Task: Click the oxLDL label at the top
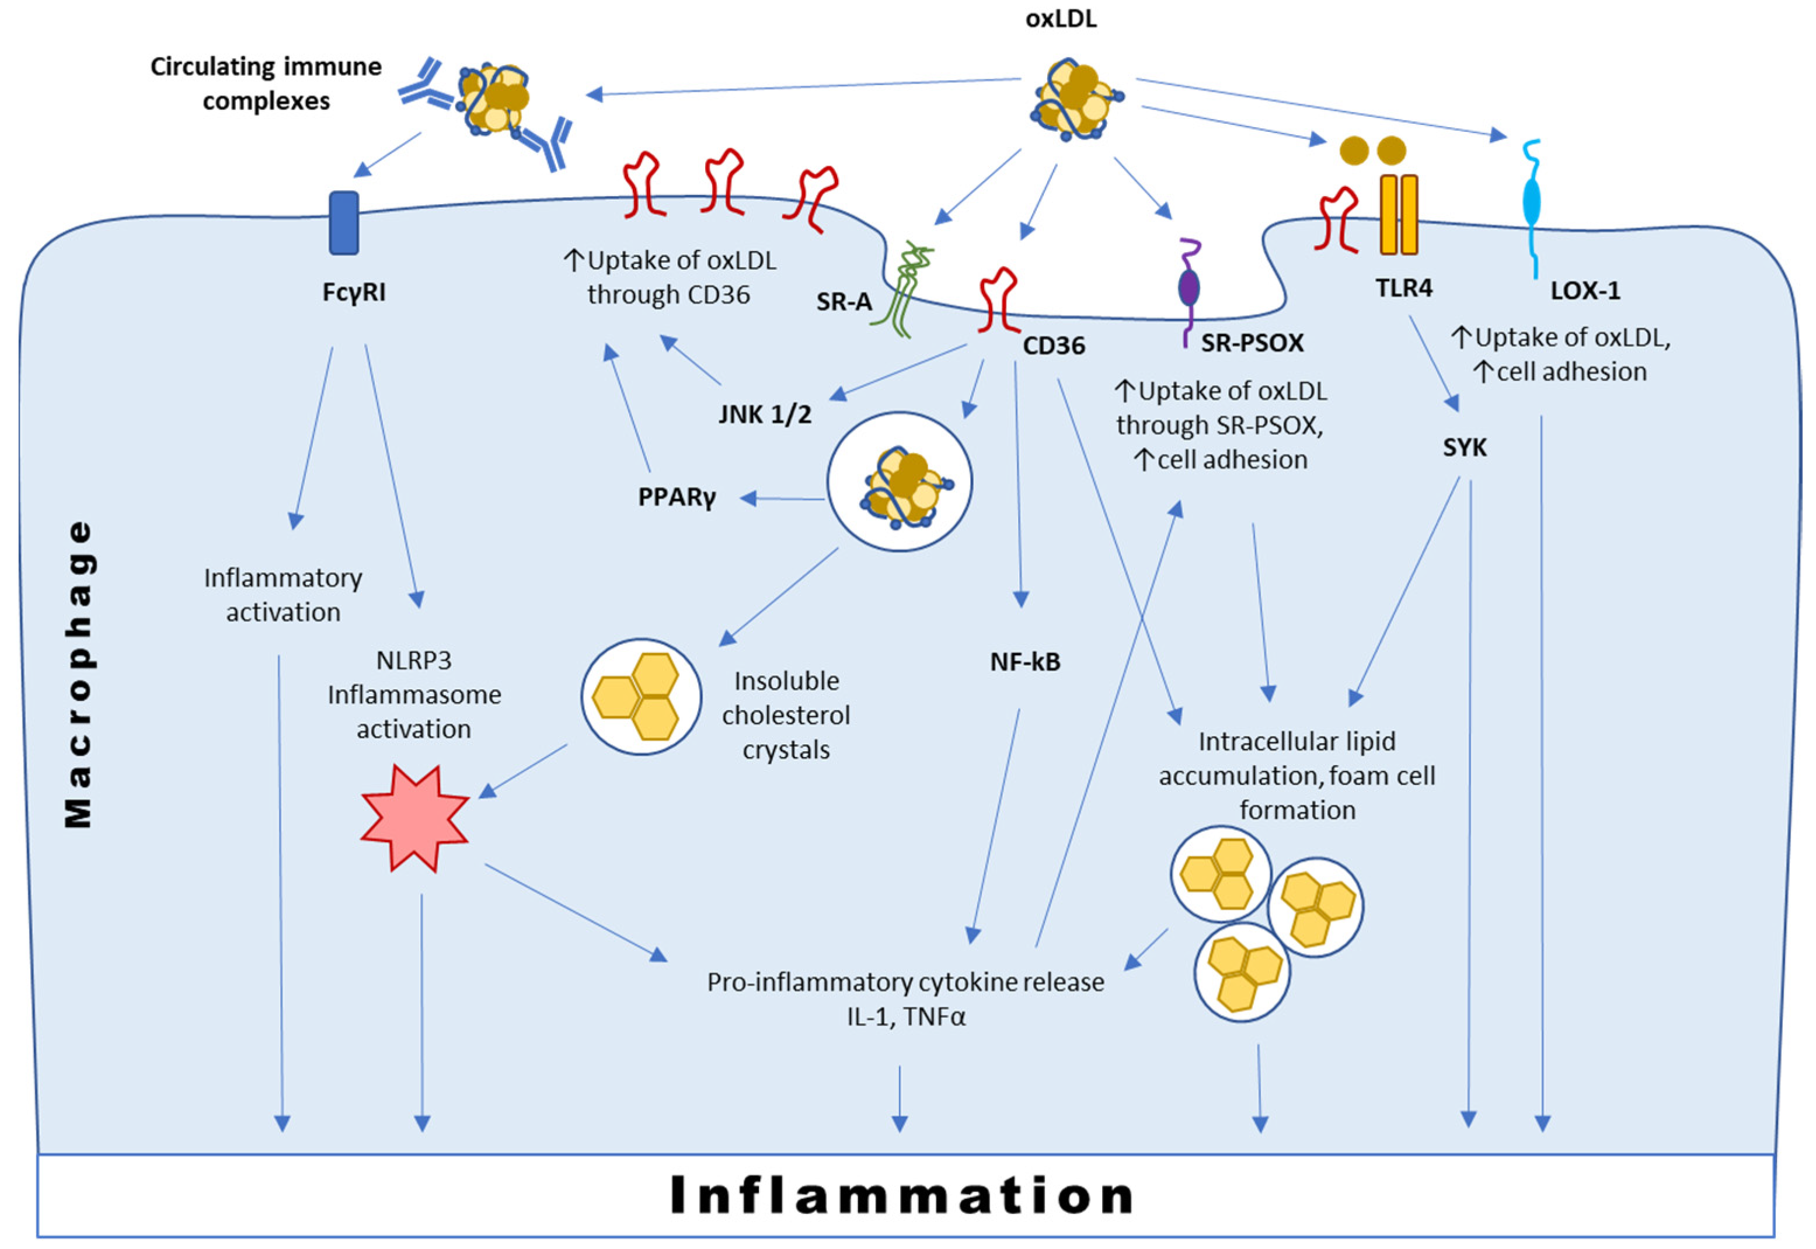coord(1061,19)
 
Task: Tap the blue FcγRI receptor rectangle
coord(344,223)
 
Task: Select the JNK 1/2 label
coord(765,414)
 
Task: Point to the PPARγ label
coord(677,497)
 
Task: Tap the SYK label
coord(1464,448)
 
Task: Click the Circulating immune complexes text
coord(266,83)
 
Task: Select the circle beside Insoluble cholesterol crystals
coord(641,696)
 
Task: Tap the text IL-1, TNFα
coord(905,1017)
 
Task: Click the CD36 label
coord(1054,346)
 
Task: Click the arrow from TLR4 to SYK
coord(1434,363)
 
